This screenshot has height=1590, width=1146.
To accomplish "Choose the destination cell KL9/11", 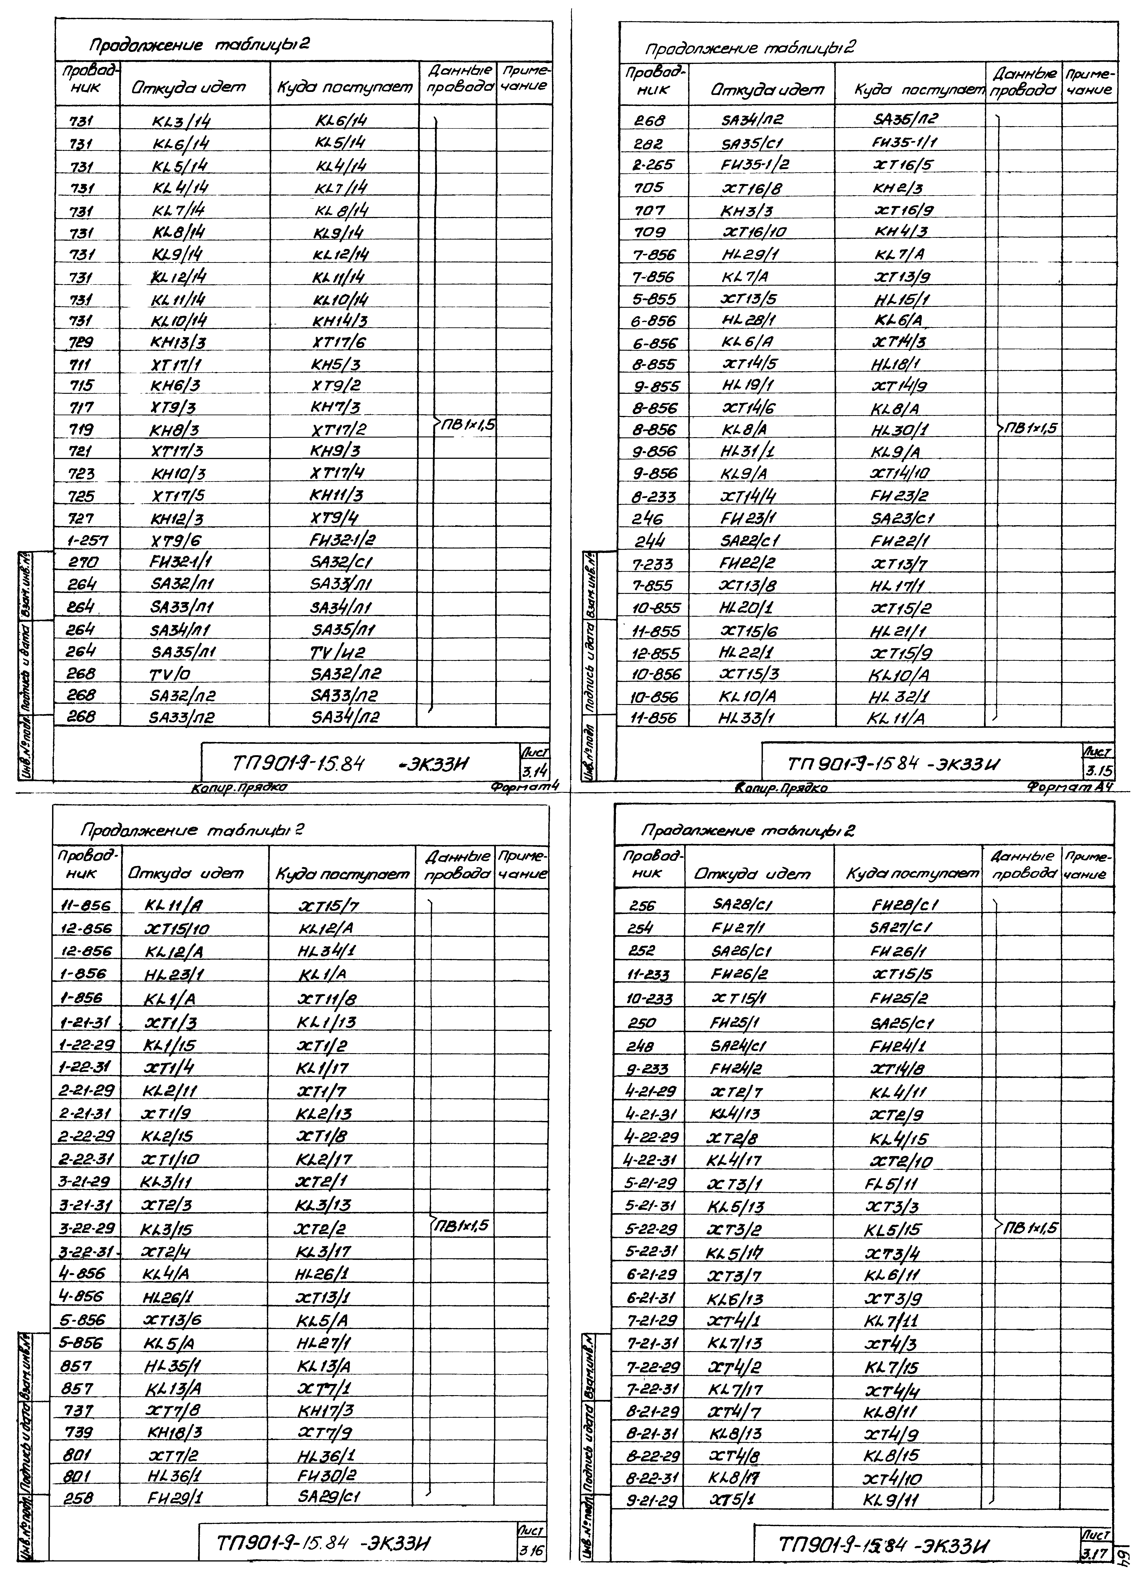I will coord(891,1500).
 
